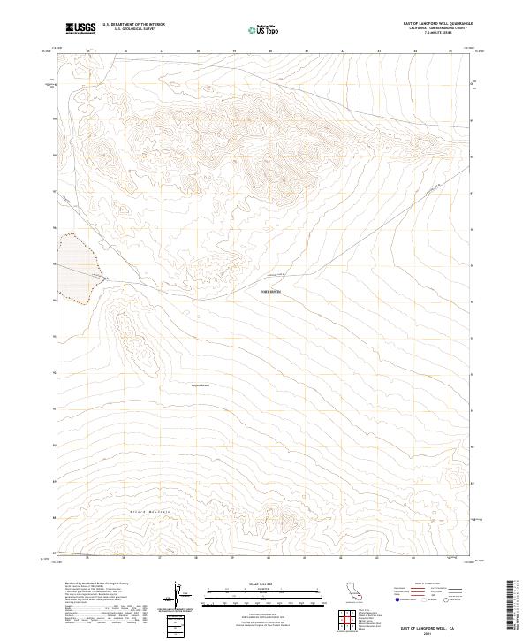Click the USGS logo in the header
pyautogui.click(x=80, y=28)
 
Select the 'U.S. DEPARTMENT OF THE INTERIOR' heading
pyautogui.click(x=133, y=26)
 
